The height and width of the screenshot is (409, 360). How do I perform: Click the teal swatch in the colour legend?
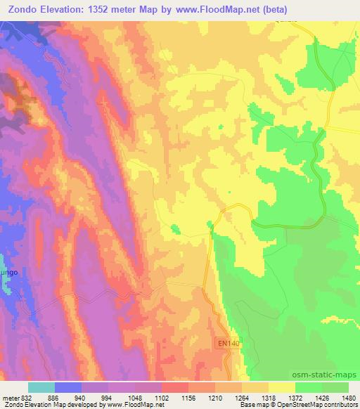click(41, 387)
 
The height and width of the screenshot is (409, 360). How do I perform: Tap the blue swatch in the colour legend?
click(68, 387)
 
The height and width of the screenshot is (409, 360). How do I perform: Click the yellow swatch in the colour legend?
click(281, 387)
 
